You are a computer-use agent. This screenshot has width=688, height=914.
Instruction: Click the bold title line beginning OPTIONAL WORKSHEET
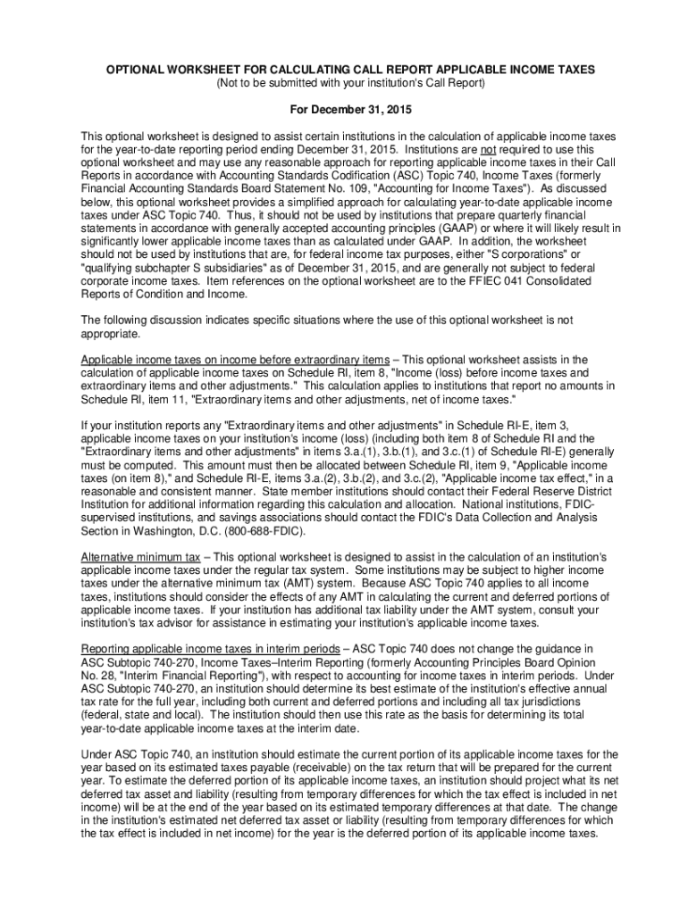[344, 70]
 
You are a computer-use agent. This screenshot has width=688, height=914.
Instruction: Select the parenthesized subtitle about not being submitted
[344, 83]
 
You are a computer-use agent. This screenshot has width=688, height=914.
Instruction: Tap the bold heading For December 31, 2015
[344, 110]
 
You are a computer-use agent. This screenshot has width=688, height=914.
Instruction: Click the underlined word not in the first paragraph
[489, 150]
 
